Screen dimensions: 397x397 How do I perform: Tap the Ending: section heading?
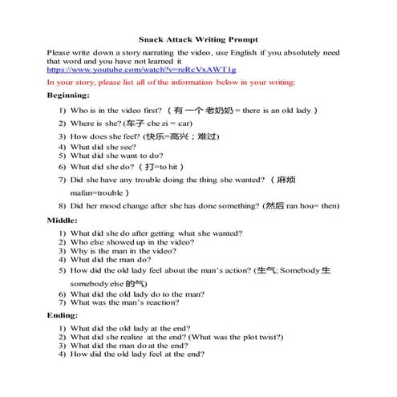pyautogui.click(x=63, y=316)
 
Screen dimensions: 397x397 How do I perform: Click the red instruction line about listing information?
pyautogui.click(x=171, y=83)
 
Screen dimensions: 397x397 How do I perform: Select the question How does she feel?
pyautogui.click(x=105, y=136)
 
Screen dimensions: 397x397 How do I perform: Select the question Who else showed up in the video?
pyautogui.click(x=132, y=241)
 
